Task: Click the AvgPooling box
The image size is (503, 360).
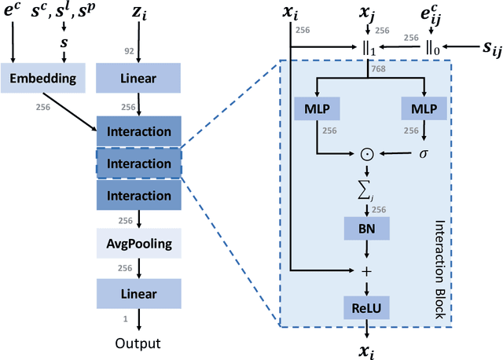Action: click(138, 243)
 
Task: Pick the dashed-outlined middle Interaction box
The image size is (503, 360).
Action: click(138, 164)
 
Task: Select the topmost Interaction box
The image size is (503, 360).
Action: click(138, 131)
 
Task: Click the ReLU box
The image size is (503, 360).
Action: click(365, 307)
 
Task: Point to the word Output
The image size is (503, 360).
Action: click(138, 343)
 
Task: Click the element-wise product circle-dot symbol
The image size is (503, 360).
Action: click(365, 152)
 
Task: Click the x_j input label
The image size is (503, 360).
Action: click(365, 13)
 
